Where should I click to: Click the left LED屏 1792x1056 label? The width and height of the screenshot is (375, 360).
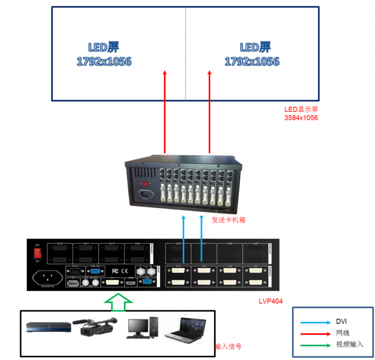[104, 54]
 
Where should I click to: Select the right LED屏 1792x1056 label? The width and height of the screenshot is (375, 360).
[252, 54]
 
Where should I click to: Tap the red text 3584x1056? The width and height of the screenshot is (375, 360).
[301, 118]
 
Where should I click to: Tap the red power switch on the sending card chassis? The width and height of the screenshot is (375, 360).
[145, 184]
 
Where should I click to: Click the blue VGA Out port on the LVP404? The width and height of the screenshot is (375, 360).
[94, 271]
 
